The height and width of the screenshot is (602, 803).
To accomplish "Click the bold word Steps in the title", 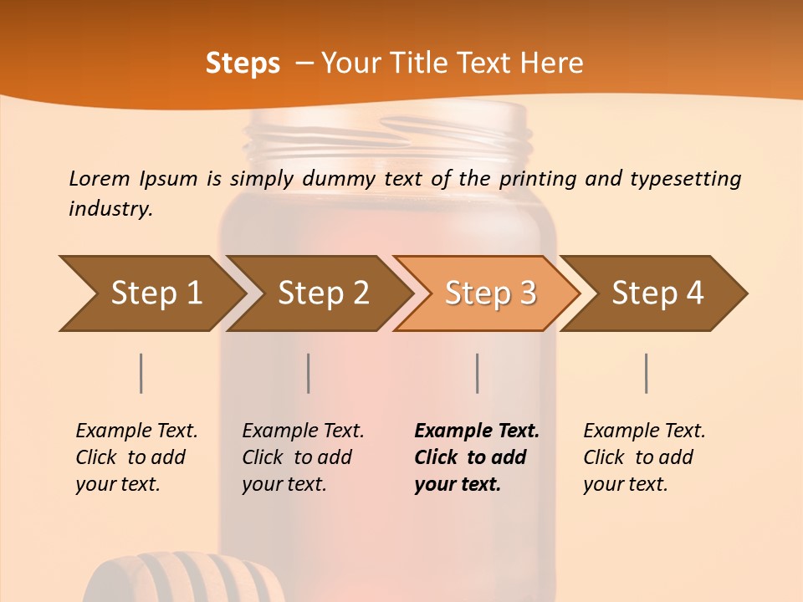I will point(243,64).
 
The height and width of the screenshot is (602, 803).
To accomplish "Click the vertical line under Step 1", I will point(141,373).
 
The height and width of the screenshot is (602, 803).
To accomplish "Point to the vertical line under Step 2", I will point(309,373).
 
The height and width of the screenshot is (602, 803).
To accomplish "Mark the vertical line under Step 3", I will point(477,373).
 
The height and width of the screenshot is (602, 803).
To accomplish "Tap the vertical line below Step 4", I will point(646,373).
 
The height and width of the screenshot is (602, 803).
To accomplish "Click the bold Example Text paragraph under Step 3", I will point(477,457).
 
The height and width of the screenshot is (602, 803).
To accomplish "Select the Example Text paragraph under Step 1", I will point(136,457).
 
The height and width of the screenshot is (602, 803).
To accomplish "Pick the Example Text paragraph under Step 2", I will point(303,457).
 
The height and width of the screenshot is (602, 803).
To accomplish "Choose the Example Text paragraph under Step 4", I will point(644,457).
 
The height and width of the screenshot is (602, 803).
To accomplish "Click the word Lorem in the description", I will point(99,178).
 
